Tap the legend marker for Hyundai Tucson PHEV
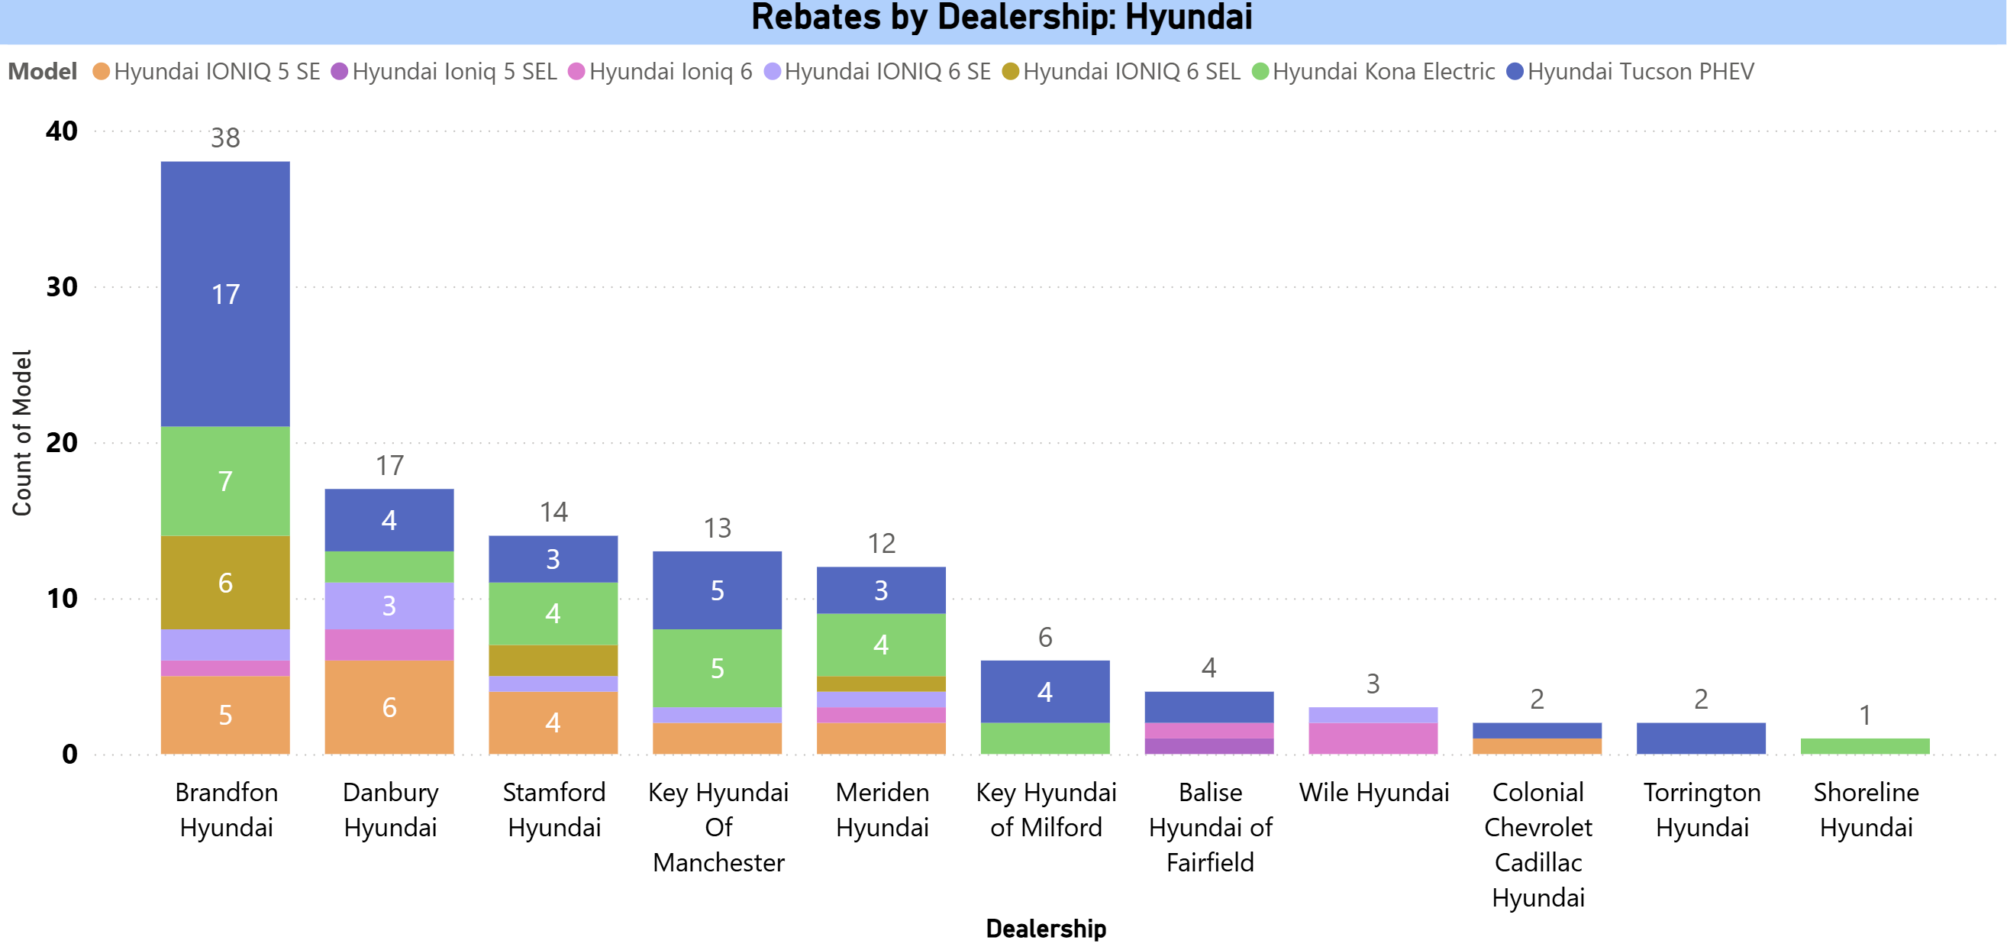[1515, 72]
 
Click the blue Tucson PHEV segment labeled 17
[225, 294]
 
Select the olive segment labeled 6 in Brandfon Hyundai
[225, 582]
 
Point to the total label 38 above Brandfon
[225, 138]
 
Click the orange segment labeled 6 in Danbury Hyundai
[389, 707]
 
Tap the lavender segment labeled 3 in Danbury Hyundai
[389, 606]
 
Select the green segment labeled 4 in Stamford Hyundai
[553, 613]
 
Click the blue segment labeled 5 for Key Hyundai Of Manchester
[717, 590]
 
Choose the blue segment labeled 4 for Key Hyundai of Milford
[1045, 691]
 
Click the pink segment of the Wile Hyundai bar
[1373, 738]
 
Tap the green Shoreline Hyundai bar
[1864, 746]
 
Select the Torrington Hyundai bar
[1701, 738]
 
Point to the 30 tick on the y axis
[62, 287]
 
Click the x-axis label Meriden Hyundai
[882, 809]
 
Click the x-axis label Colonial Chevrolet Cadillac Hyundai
[1538, 844]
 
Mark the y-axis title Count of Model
[22, 432]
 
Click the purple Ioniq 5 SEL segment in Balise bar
[1208, 746]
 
